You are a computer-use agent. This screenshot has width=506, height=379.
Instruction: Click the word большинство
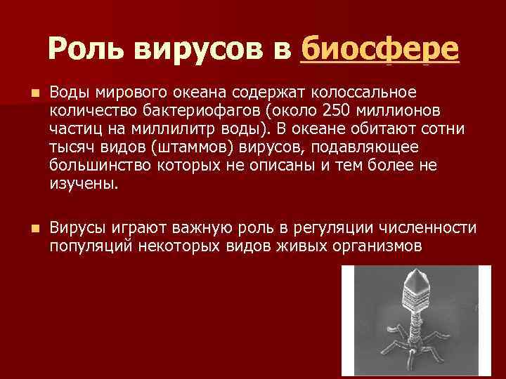tap(98, 166)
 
